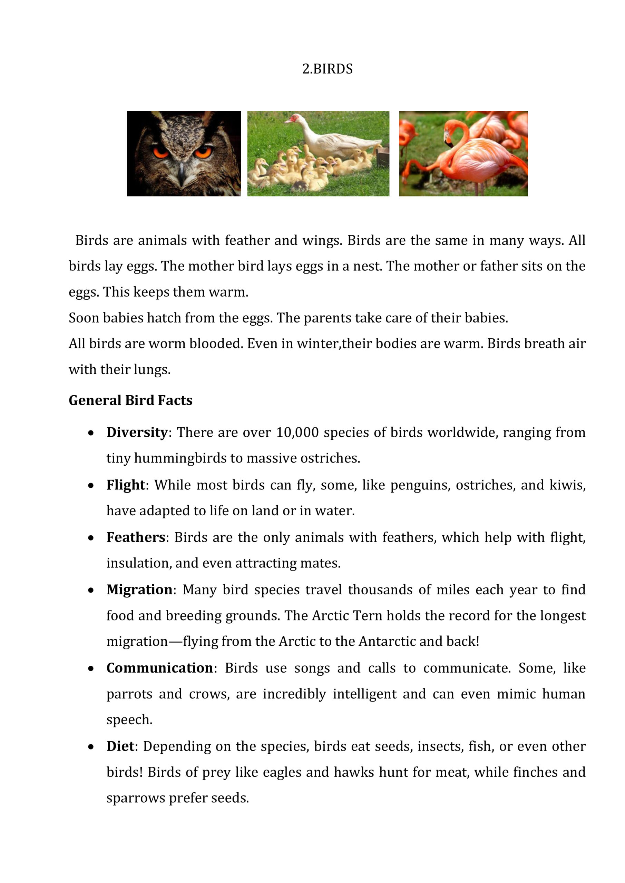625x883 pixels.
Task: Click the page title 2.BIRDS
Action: tap(327, 69)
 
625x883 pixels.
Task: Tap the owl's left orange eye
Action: tap(161, 152)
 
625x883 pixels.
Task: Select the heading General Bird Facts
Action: tap(130, 400)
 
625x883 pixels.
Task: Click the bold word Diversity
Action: tap(137, 432)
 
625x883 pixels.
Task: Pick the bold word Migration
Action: tap(139, 589)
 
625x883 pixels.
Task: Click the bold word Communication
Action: tap(160, 668)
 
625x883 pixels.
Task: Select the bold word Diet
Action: tap(120, 746)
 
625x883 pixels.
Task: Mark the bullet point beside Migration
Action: tap(91, 590)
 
